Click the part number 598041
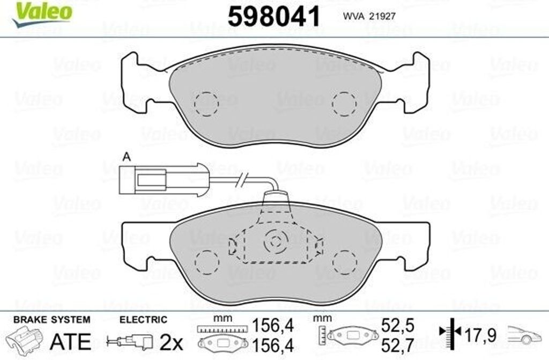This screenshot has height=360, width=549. [274, 17]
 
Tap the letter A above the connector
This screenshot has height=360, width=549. [127, 157]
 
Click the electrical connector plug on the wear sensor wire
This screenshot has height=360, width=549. [161, 180]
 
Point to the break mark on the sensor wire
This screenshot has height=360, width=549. [244, 179]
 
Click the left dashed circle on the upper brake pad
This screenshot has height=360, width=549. [206, 103]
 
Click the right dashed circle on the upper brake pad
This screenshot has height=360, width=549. [344, 103]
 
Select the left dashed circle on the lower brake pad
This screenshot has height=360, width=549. [206, 262]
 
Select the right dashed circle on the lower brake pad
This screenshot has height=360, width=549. [344, 262]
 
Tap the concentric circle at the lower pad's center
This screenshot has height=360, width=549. [276, 243]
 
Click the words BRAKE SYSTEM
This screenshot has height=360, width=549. [51, 320]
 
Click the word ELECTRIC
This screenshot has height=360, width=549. [143, 320]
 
